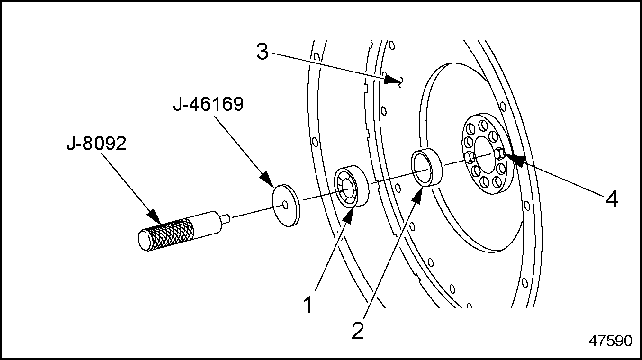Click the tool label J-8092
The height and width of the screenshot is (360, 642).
[96, 144]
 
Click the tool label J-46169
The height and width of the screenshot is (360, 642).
[208, 104]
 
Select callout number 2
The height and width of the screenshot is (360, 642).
[358, 331]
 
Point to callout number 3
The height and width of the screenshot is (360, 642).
[262, 52]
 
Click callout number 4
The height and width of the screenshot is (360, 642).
[612, 199]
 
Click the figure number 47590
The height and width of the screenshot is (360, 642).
[610, 341]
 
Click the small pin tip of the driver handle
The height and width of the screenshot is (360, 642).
[226, 218]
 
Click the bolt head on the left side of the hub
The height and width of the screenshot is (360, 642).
[469, 158]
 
